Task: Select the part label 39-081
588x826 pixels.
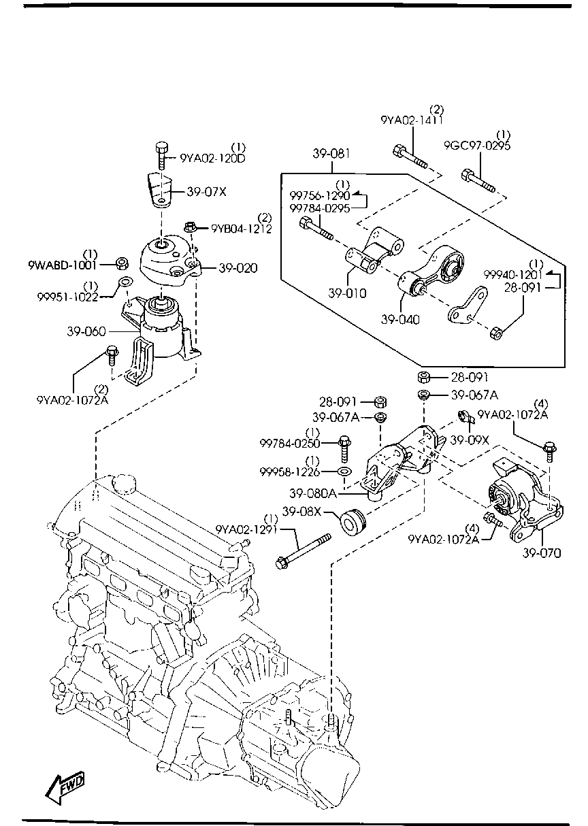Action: pos(331,154)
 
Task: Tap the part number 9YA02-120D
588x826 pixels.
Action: pos(212,159)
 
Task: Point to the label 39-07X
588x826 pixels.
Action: pos(206,192)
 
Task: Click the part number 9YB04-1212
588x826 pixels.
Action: pos(241,229)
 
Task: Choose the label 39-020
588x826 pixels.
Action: pos(238,268)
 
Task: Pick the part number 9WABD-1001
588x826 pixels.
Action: pos(63,265)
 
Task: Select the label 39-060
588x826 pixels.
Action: pos(86,331)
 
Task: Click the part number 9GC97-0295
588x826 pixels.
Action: pos(477,146)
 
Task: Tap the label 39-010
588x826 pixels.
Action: pos(347,293)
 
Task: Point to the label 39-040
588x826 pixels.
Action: pos(400,319)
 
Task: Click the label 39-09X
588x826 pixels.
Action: pos(469,440)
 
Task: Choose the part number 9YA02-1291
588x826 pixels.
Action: pos(246,530)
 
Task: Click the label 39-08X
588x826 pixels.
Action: pos(301,512)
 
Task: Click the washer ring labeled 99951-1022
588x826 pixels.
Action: pos(125,283)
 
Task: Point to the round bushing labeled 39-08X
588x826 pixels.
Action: pos(353,522)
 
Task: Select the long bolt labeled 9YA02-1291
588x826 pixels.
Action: pos(304,551)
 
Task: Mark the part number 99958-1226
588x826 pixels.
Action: pos(289,472)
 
